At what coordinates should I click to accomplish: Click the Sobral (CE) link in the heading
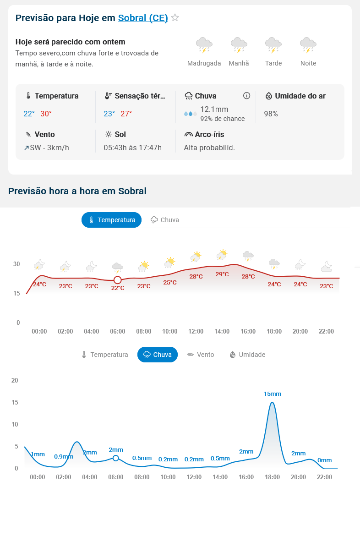click(143, 18)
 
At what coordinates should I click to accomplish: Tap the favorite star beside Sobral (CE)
click(175, 18)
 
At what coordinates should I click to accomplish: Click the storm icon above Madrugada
click(204, 45)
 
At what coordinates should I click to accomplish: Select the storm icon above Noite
click(308, 45)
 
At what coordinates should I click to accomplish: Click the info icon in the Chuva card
click(246, 96)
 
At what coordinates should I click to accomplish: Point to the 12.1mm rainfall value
click(214, 109)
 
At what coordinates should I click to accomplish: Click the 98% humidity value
click(271, 114)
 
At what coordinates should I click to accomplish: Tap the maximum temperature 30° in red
click(46, 114)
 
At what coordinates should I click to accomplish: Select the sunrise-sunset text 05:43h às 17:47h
click(132, 148)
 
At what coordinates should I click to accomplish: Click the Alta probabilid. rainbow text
click(209, 148)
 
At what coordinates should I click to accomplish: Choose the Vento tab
click(201, 355)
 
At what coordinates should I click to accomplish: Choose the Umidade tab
click(247, 355)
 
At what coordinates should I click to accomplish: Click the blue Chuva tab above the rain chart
click(158, 355)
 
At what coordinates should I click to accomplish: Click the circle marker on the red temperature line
click(118, 280)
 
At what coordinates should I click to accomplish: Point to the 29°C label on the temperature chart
click(222, 274)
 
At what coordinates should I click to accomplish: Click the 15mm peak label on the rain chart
click(273, 394)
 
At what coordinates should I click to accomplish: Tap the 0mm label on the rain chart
click(324, 460)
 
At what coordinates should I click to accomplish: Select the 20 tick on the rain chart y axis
click(15, 380)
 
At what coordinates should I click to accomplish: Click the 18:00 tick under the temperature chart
click(274, 331)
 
